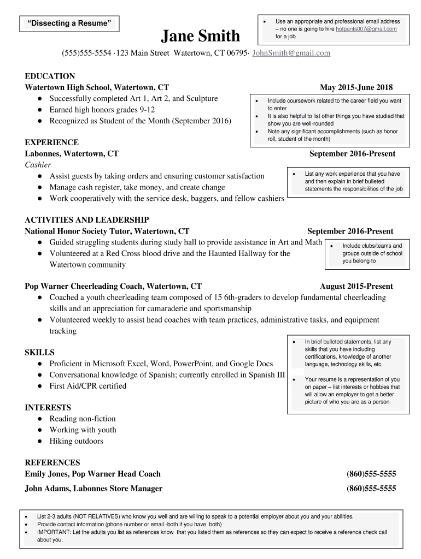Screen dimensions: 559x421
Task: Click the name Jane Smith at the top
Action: click(201, 36)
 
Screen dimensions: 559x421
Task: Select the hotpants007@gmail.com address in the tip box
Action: click(366, 28)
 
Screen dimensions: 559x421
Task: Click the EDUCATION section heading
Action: click(50, 76)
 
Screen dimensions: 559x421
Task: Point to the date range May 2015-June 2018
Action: click(356, 87)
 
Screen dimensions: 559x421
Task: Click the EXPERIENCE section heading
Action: click(51, 142)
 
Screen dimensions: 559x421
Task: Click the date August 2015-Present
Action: click(356, 286)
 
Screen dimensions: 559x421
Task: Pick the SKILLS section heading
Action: click(39, 352)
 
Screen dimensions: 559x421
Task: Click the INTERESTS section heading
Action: click(48, 407)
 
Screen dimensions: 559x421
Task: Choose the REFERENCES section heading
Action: click(52, 462)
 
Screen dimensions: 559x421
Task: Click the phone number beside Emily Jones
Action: click(371, 474)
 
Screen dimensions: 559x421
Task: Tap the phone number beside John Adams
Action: click(371, 489)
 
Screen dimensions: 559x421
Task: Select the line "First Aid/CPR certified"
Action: click(87, 386)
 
